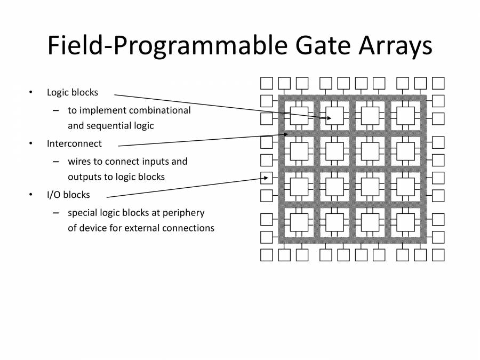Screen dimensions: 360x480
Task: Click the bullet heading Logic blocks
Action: pos(73,92)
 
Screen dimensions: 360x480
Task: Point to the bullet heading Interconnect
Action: pos(74,143)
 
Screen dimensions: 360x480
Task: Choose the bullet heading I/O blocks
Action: pos(68,195)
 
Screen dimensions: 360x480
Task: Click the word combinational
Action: pos(159,110)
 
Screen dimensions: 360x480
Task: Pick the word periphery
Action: pos(185,212)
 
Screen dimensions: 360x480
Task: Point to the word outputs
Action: pos(84,177)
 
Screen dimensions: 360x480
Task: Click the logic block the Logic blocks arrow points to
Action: pos(334,116)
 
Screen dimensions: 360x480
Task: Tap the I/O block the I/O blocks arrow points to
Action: pos(267,178)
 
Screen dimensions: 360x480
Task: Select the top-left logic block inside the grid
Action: pos(299,116)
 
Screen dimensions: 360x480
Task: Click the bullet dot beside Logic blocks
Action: pos(31,92)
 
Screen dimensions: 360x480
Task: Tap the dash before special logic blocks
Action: pos(55,213)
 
